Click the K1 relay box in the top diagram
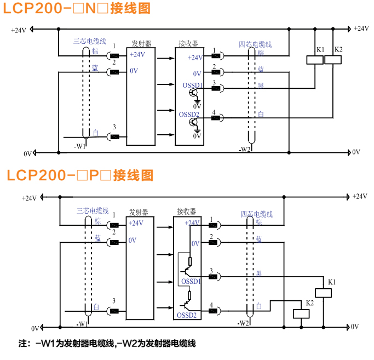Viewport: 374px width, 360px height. [315, 60]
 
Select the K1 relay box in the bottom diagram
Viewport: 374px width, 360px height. [324, 292]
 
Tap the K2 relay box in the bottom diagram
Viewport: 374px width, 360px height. [302, 313]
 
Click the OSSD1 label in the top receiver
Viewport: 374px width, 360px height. [192, 85]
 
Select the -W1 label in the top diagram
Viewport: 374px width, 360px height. [80, 146]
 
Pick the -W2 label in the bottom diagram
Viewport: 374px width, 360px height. [244, 323]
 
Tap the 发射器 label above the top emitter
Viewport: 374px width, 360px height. [141, 43]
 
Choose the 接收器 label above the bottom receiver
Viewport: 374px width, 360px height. [187, 211]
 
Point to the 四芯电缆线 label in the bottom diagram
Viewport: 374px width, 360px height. [256, 214]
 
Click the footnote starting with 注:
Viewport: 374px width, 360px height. [107, 344]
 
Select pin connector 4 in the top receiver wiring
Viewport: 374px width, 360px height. [216, 117]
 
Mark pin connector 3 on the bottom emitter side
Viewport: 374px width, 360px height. [114, 311]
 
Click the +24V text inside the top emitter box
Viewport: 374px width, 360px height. [137, 54]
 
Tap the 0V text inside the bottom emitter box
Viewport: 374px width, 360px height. [133, 240]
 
